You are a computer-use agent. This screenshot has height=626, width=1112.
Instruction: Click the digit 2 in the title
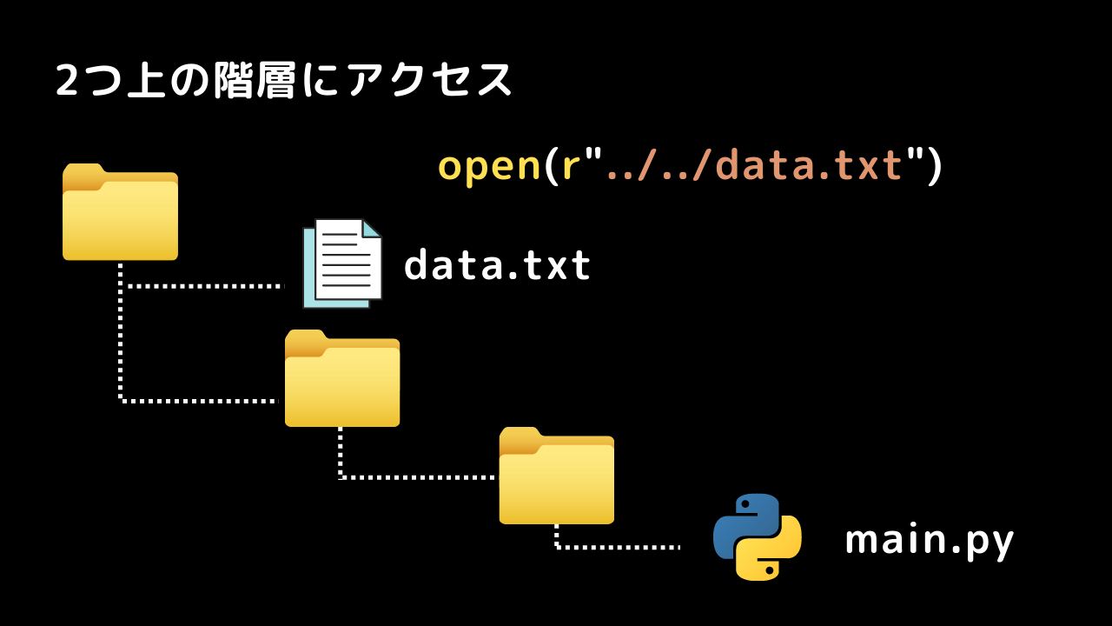(x=67, y=80)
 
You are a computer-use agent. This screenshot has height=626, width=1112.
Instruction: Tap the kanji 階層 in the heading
(x=255, y=80)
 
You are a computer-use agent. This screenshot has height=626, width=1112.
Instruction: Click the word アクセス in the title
(x=430, y=80)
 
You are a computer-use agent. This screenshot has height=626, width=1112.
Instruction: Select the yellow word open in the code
(x=489, y=167)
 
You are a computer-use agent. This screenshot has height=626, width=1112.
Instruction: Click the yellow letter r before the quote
(x=571, y=166)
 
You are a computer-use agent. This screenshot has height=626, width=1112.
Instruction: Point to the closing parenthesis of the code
(x=934, y=166)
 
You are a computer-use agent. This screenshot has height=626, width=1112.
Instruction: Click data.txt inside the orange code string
(x=809, y=164)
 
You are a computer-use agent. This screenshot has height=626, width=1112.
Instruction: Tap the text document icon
(x=342, y=263)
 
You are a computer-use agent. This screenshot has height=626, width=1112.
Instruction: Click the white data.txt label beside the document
(x=498, y=264)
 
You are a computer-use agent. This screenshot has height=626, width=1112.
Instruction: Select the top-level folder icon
(x=120, y=211)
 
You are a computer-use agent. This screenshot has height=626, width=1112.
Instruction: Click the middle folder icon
(x=342, y=378)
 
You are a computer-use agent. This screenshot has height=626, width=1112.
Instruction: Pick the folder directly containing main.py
(x=557, y=476)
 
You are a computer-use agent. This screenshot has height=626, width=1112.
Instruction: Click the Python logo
(x=757, y=537)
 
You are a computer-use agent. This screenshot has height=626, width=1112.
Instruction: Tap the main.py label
(x=930, y=541)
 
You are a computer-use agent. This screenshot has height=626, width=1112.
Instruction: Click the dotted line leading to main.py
(x=618, y=548)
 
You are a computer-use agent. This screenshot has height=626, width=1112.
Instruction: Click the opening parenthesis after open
(x=551, y=166)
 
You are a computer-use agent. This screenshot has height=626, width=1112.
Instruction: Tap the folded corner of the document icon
(x=372, y=229)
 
